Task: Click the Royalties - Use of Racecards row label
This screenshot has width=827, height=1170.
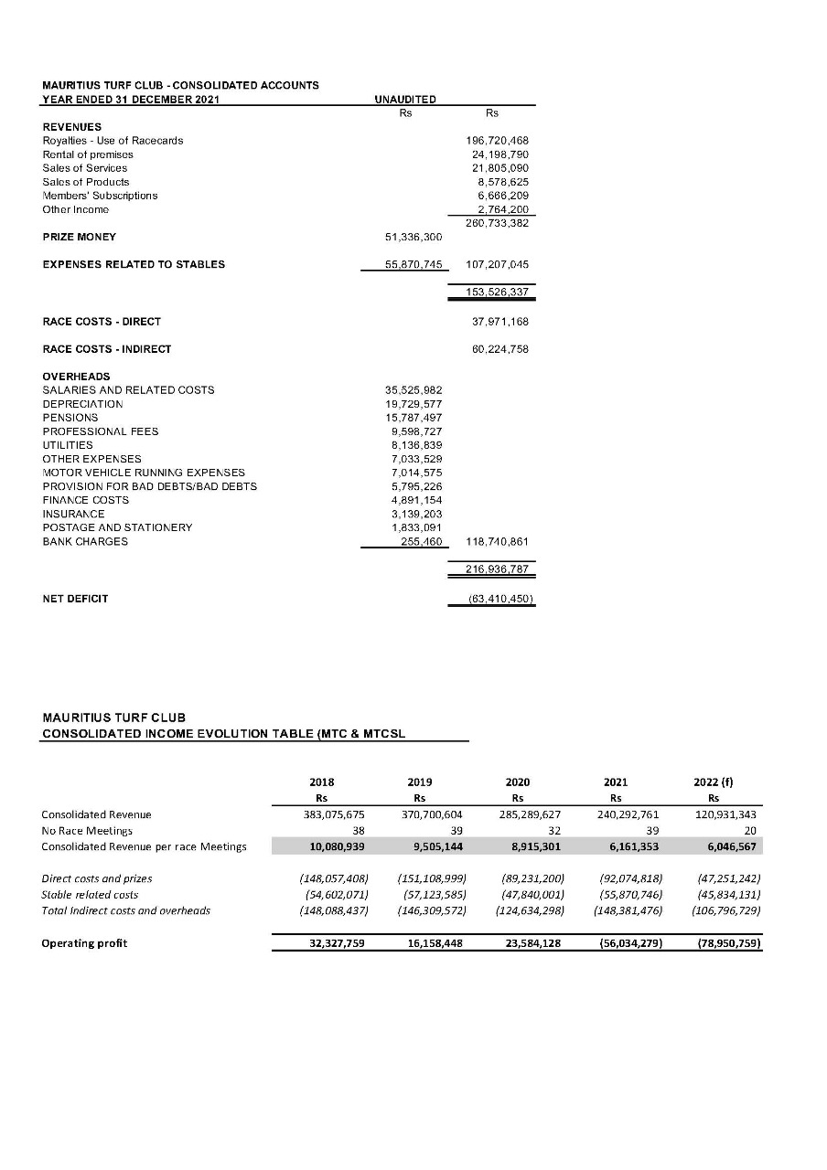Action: point(113,141)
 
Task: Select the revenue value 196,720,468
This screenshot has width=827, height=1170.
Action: point(499,141)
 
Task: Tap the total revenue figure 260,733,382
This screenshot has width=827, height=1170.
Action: point(499,223)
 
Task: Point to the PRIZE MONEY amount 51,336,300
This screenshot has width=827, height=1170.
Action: point(413,237)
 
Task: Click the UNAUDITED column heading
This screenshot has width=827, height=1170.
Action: point(405,99)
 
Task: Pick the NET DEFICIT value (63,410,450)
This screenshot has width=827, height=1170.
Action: point(500,600)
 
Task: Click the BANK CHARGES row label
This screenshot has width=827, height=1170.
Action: point(85,542)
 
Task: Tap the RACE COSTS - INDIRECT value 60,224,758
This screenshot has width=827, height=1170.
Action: point(499,349)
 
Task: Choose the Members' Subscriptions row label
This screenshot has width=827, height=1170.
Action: point(100,196)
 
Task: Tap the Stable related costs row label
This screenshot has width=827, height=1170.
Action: point(89,894)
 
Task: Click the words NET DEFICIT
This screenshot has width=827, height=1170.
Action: point(75,600)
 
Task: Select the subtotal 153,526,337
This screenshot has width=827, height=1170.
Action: point(499,293)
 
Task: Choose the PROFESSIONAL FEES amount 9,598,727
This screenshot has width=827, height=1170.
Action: point(416,431)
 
